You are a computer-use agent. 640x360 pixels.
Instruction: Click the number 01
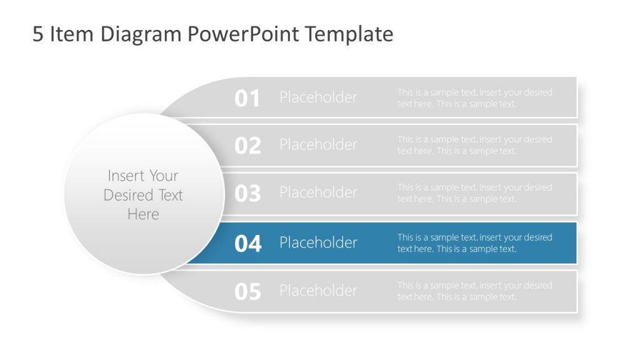(247, 98)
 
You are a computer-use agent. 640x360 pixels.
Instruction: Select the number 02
(247, 146)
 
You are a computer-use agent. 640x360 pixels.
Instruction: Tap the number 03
(247, 194)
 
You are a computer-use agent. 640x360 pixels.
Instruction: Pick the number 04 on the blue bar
(247, 243)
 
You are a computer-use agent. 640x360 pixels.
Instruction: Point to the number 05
(247, 291)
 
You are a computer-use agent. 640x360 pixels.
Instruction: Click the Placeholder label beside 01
(318, 97)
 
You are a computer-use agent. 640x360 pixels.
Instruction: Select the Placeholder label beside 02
(318, 144)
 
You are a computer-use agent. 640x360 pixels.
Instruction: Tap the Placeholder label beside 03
(318, 192)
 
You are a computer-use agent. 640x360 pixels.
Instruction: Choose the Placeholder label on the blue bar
(318, 242)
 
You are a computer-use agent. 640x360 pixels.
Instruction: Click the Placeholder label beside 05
(318, 291)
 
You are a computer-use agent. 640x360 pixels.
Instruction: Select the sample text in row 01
(474, 98)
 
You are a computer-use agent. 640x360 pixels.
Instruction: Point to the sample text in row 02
(474, 145)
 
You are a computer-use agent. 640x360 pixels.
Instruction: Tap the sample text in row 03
(474, 193)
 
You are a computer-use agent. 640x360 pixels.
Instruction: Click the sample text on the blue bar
(474, 243)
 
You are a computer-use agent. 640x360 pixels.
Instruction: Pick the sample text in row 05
(474, 291)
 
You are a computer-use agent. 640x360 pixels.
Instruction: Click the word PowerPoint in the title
(244, 34)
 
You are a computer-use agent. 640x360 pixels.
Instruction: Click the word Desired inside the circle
(128, 195)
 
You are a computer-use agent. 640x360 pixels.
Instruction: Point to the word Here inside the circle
(143, 214)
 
